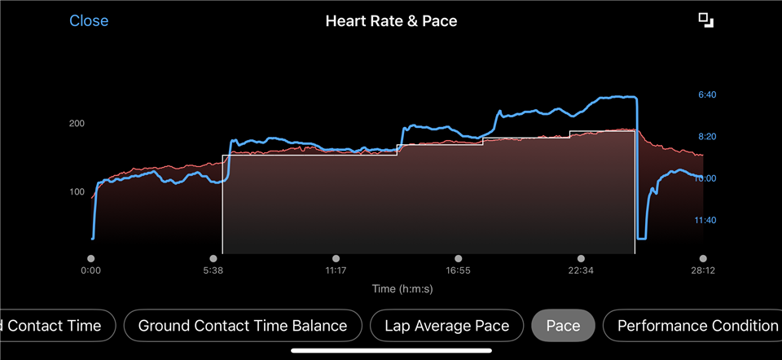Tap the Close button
[89, 21]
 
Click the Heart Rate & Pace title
[391, 21]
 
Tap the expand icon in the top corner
[705, 20]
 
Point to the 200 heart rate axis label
[77, 124]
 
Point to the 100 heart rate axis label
[77, 192]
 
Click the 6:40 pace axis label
[707, 94]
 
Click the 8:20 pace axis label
[707, 137]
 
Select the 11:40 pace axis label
[707, 221]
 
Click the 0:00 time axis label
[91, 271]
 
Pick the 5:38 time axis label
[213, 271]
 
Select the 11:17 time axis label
[336, 271]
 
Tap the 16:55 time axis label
[458, 271]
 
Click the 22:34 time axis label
[581, 271]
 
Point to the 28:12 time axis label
[703, 271]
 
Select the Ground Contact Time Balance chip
[243, 326]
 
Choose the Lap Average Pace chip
[446, 326]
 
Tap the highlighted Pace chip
[563, 326]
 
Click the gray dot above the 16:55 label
[458, 258]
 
